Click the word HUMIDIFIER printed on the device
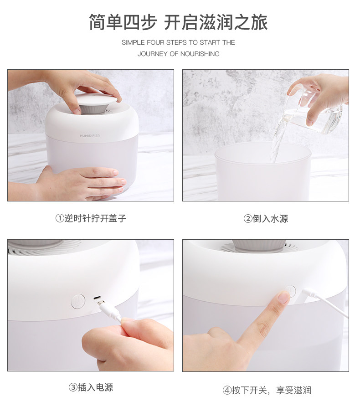90,136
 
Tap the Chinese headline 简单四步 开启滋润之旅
179,23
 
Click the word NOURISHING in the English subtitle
200,54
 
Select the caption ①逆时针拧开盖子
91,218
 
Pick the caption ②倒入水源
266,218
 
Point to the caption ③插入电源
91,387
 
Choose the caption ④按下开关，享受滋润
267,390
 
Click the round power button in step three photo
78,301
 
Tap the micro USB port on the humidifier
97,298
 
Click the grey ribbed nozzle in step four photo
259,245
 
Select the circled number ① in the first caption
60,218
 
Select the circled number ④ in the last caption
227,390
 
